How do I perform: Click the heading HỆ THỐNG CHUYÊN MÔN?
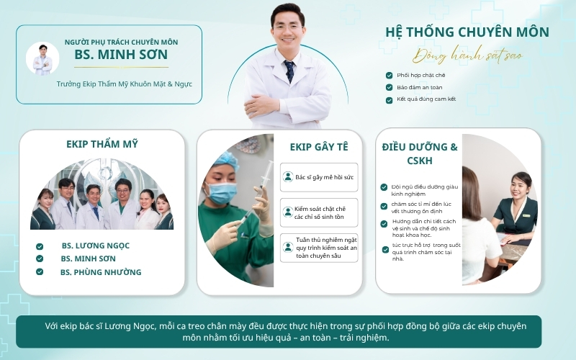(467, 32)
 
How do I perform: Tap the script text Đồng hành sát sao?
(467, 55)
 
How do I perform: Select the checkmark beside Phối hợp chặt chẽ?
(389, 76)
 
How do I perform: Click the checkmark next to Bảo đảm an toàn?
(389, 87)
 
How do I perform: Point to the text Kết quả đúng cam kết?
(426, 99)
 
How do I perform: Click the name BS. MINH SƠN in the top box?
(121, 55)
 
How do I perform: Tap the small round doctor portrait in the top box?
(42, 58)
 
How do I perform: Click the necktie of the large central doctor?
(289, 71)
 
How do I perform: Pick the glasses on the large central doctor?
(287, 27)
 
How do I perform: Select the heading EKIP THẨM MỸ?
(102, 144)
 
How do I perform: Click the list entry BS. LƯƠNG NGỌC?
(96, 246)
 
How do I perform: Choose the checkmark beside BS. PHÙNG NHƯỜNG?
(40, 272)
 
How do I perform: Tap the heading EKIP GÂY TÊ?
(319, 147)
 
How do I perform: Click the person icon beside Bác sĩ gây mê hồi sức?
(288, 177)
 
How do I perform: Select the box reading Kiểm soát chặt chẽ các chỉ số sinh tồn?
(319, 212)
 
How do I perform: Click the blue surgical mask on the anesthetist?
(221, 192)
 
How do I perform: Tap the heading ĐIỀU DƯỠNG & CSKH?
(420, 153)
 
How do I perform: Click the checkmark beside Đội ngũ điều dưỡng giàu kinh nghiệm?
(384, 187)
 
